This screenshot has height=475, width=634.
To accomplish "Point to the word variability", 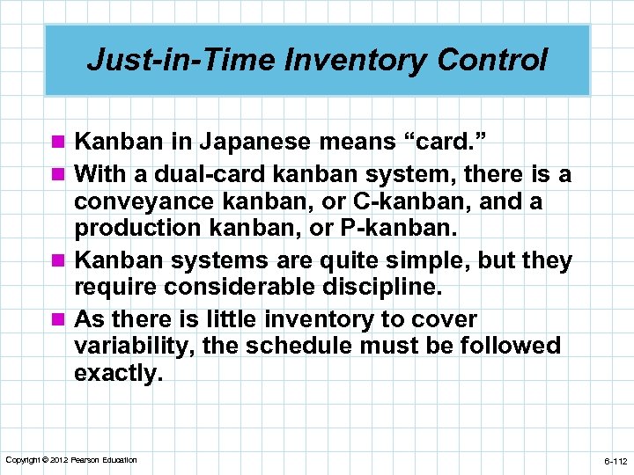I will [131, 346].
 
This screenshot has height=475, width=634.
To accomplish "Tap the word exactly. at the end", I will [119, 372].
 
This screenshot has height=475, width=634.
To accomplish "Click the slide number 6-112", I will [615, 461].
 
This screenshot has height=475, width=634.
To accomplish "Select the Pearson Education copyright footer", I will [71, 460].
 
